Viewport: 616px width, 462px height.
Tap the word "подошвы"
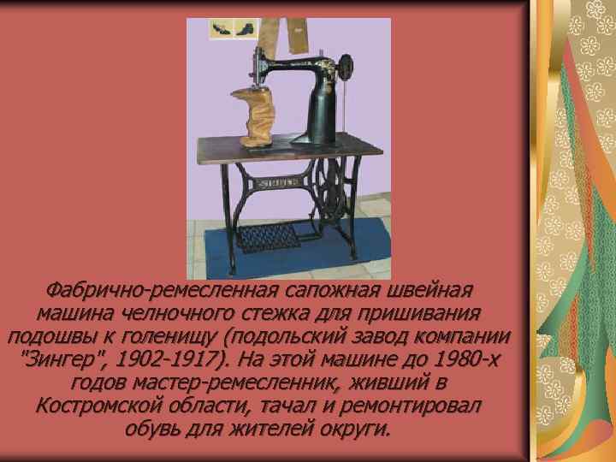tap(55, 335)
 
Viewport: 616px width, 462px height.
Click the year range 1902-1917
tap(168, 358)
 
